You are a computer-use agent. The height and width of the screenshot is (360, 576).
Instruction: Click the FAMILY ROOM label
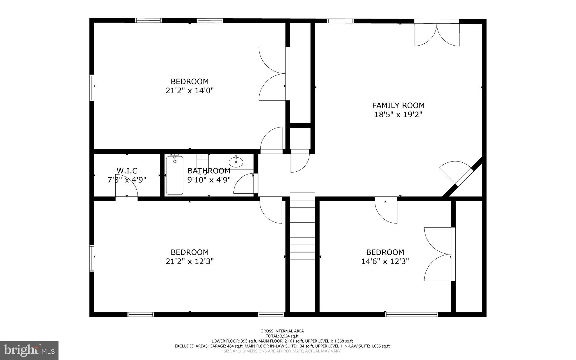pos(398,106)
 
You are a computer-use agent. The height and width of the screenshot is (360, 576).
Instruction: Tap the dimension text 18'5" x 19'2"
pos(398,115)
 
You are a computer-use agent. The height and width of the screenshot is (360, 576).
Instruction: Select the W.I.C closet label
pos(127,171)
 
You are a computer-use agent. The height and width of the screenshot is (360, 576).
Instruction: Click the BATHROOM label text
pos(209,171)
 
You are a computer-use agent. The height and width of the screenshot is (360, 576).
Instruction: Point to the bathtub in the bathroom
pos(174,175)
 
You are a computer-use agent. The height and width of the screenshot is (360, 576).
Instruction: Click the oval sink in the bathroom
pos(236,162)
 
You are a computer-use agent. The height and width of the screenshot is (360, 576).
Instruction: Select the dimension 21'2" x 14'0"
pos(190,91)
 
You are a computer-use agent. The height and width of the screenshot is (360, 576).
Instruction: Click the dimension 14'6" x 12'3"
pos(385,261)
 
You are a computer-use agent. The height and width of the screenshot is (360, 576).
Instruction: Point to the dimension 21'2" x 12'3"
pos(190,261)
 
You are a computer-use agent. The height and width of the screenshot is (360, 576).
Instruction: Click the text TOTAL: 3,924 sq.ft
pos(282,336)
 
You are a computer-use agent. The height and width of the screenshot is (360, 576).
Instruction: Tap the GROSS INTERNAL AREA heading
pos(282,331)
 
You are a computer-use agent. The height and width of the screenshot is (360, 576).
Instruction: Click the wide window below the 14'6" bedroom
pos(411,314)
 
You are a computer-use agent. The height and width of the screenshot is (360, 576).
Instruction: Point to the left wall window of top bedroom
pos(92,88)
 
